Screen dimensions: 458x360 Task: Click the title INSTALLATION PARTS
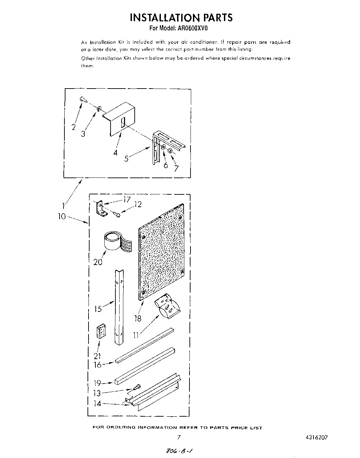[x=181, y=18]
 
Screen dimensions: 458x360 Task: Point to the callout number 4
[x=115, y=152]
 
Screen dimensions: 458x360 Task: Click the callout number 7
[x=176, y=168]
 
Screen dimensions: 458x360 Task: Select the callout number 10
[x=62, y=217]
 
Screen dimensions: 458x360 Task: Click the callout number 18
[x=138, y=318]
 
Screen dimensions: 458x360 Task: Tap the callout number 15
[x=98, y=309]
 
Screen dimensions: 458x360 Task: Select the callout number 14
[x=98, y=403]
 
